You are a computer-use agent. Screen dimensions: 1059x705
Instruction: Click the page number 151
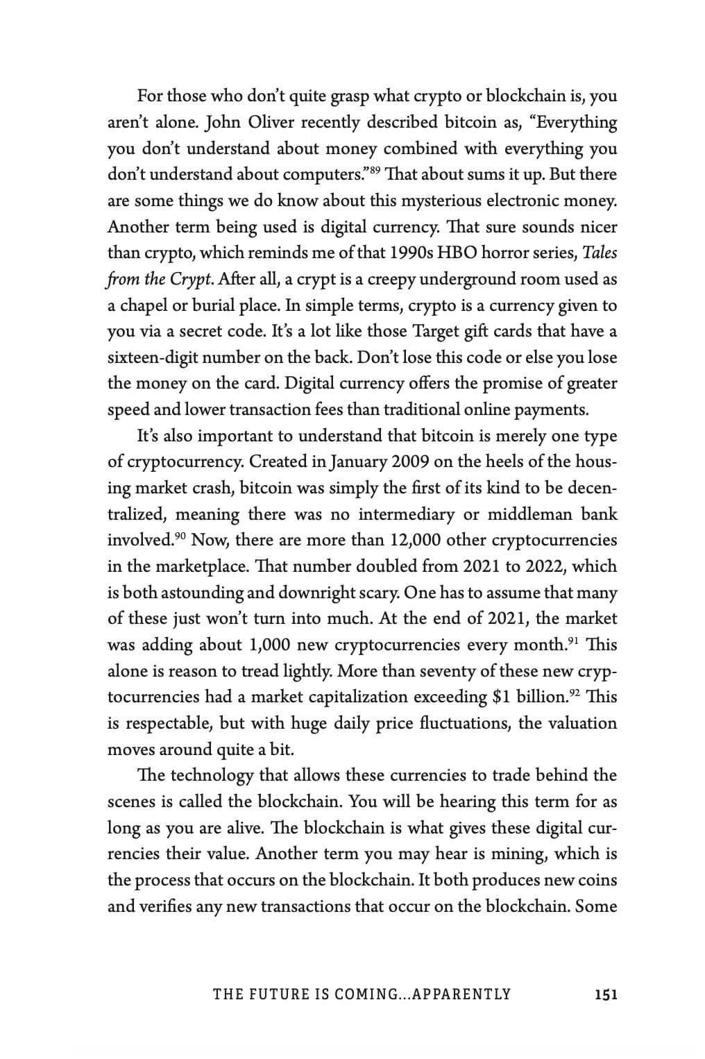pyautogui.click(x=606, y=994)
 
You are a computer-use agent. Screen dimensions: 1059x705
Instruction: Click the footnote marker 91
pyautogui.click(x=573, y=641)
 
